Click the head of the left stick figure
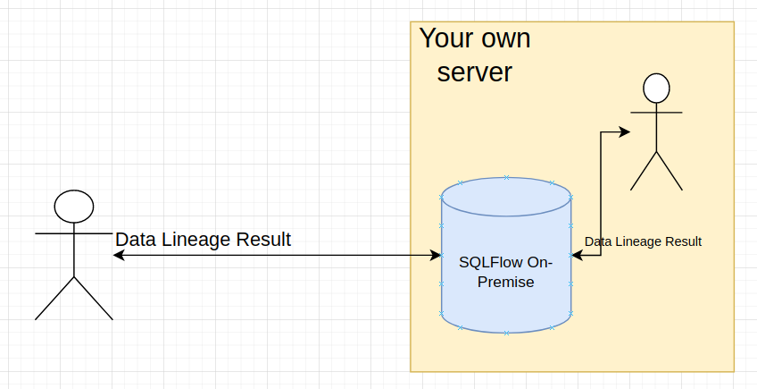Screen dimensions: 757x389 point(74,207)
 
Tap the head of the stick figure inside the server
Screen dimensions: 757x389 point(657,89)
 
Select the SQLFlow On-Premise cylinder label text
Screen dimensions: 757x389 point(506,272)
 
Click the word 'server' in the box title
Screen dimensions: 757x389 point(475,72)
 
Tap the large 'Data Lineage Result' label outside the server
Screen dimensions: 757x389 point(204,240)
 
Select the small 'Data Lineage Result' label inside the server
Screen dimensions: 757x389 point(643,241)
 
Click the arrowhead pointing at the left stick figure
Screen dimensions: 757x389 point(119,255)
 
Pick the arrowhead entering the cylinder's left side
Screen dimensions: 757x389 point(436,255)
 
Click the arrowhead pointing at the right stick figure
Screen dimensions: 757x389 point(625,131)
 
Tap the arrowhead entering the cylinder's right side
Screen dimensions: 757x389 point(578,255)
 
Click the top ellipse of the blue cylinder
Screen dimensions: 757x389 point(506,197)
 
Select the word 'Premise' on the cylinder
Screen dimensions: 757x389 point(506,282)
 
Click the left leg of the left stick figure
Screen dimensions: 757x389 point(54,298)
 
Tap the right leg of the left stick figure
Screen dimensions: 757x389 point(93,298)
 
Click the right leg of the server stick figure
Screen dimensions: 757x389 point(670,171)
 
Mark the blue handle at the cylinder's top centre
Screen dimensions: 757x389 point(506,178)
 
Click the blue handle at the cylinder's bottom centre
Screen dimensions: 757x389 point(506,333)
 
